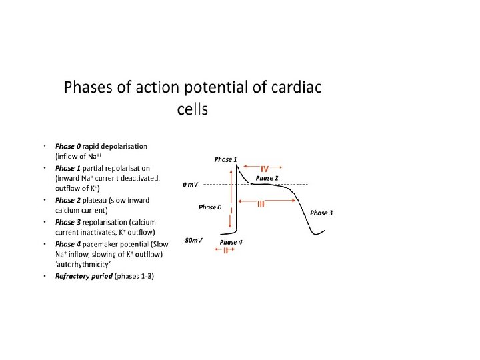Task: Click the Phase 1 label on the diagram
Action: tap(224, 159)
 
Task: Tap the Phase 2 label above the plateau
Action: tap(267, 178)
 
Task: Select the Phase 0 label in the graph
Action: tap(210, 207)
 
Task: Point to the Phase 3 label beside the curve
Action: tap(322, 212)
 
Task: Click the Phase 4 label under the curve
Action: tap(231, 242)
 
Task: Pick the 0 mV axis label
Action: tap(190, 184)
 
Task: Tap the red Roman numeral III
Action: tap(261, 205)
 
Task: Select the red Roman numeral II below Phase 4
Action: tap(226, 251)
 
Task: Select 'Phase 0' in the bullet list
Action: tap(65, 146)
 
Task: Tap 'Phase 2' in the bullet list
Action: tap(65, 200)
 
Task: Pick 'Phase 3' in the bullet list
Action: tap(65, 221)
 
